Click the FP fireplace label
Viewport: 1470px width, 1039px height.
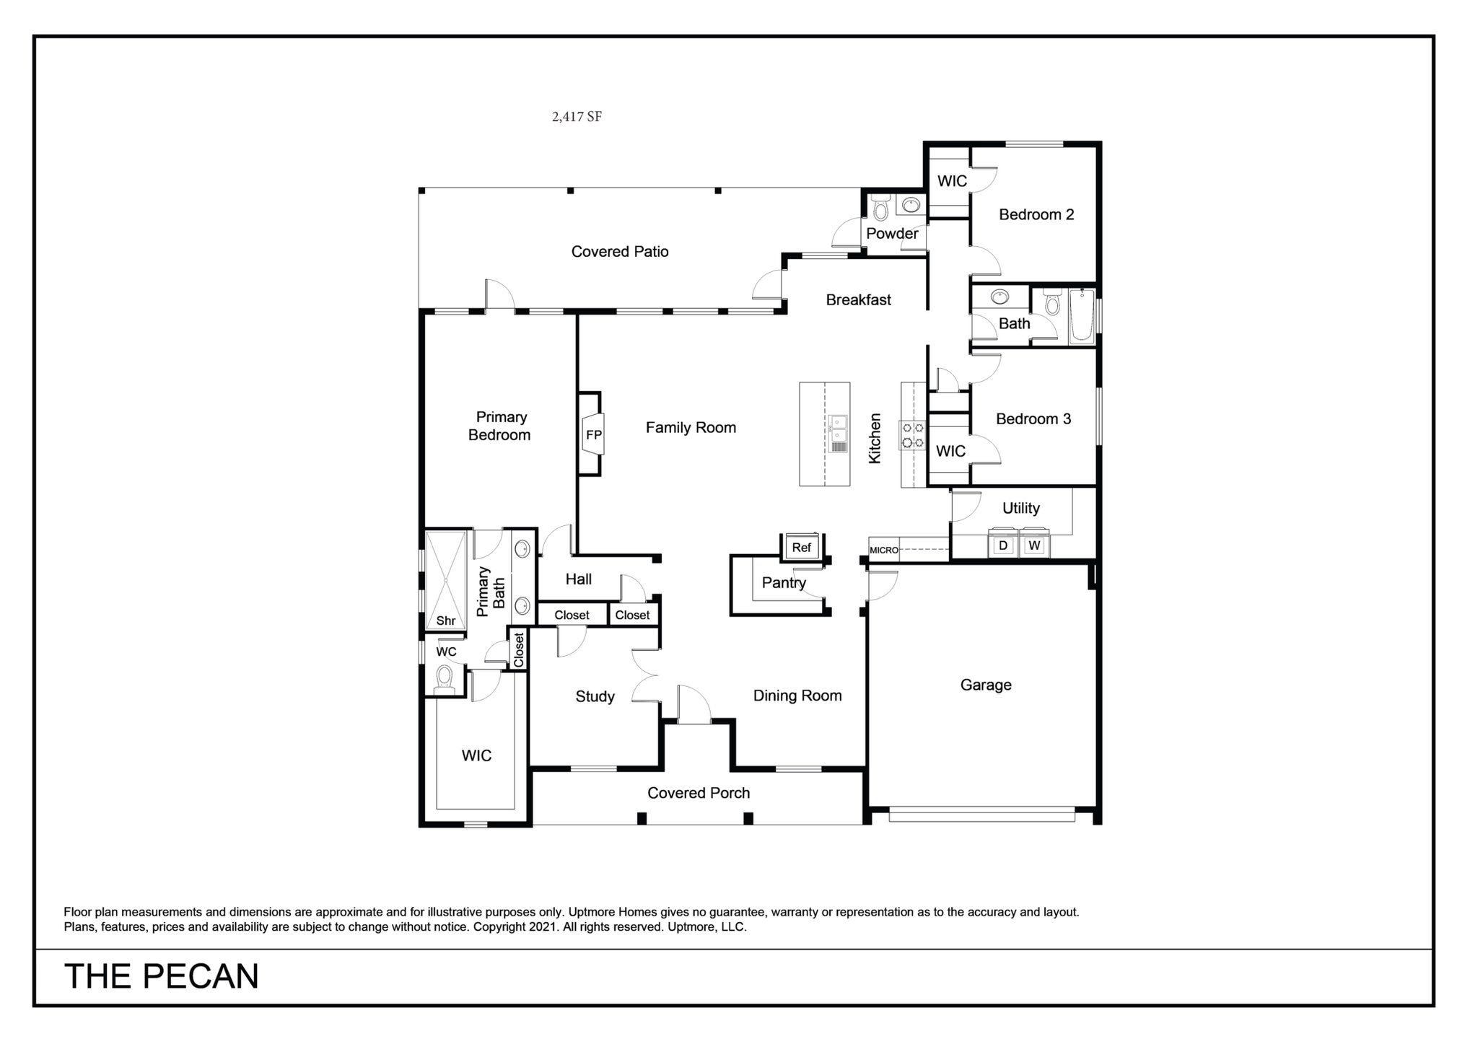click(593, 435)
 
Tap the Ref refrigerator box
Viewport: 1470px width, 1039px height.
click(802, 548)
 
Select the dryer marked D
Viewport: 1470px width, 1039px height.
click(1002, 545)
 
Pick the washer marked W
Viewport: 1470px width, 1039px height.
click(1034, 545)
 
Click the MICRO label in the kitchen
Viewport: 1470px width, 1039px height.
click(884, 550)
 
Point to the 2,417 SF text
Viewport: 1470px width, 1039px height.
click(577, 117)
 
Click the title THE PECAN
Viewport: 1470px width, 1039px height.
click(162, 976)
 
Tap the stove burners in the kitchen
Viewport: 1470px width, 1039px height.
click(912, 435)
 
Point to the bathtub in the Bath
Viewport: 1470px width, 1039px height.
click(1082, 316)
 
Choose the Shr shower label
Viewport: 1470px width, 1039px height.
click(446, 621)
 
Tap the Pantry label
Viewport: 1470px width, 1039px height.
click(784, 583)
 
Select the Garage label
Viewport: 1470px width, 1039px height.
click(986, 685)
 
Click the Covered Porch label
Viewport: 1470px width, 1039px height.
click(699, 793)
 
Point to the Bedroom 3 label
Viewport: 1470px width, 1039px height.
click(1033, 419)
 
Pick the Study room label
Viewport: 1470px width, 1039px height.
click(595, 697)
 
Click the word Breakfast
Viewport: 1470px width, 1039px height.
click(859, 299)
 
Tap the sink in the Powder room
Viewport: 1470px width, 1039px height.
click(911, 205)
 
